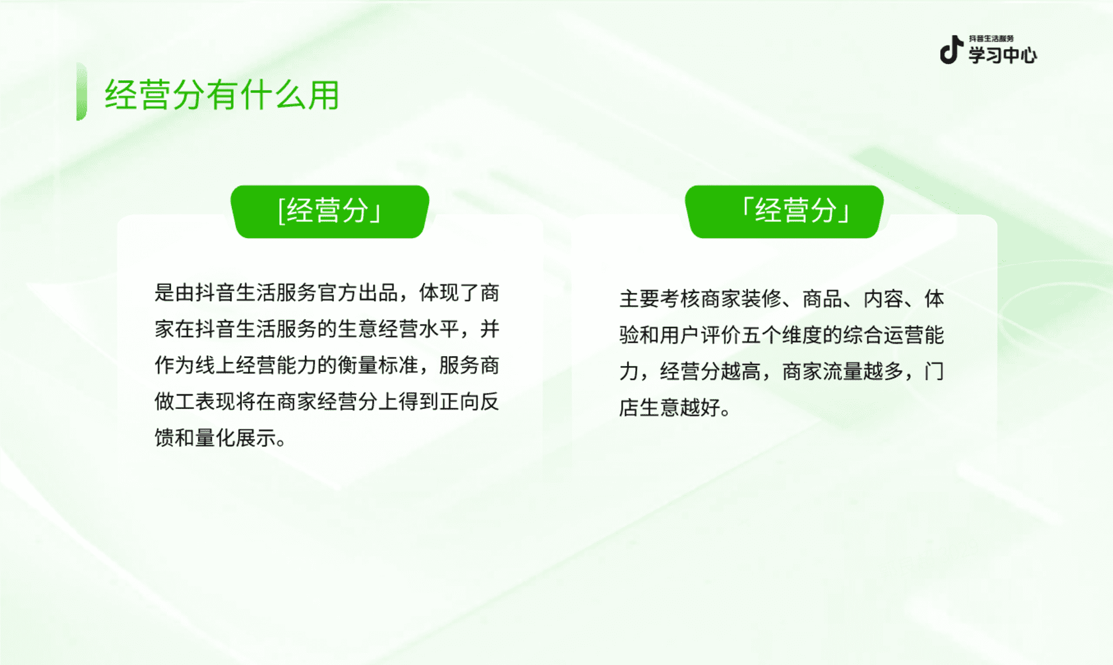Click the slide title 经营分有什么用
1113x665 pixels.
222,95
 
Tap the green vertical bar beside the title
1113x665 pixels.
82,92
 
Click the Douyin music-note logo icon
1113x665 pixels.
951,50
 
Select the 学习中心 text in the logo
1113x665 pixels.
1003,55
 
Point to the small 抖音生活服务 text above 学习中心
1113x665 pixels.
991,38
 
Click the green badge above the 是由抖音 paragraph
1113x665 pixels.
330,211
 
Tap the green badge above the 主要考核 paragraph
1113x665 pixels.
784,211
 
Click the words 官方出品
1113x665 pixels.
358,293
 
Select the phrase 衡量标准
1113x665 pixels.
378,365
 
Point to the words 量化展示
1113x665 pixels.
235,437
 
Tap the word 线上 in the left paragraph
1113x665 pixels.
215,365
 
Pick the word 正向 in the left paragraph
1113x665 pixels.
459,401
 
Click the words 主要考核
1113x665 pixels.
660,299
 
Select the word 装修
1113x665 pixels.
761,299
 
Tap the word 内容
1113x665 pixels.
883,299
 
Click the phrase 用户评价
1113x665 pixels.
700,335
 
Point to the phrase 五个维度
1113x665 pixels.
782,335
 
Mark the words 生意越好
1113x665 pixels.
680,407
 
